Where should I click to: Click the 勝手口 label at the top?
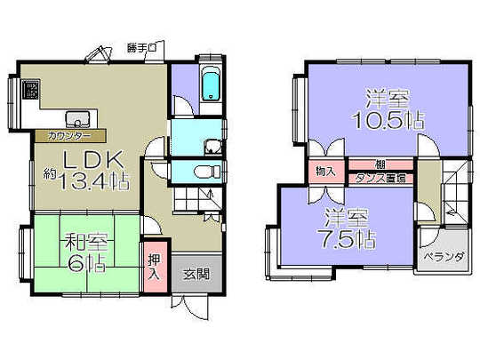(x=141, y=46)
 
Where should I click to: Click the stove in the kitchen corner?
(x=30, y=89)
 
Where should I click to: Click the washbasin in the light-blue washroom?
(x=210, y=147)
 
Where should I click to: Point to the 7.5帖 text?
(x=348, y=237)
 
